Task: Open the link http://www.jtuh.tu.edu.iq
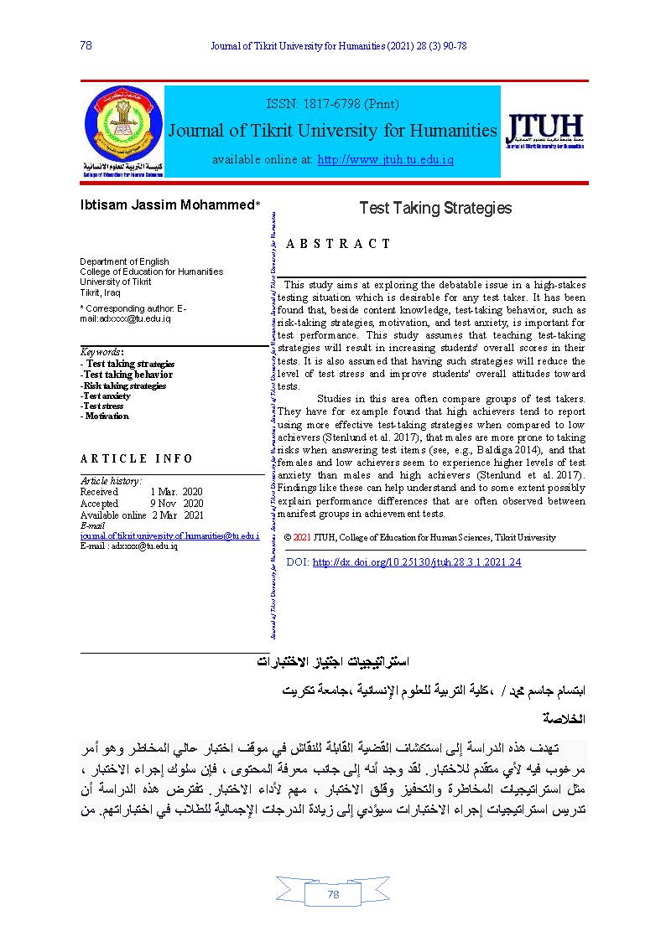385,159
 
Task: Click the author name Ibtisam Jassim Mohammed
167,205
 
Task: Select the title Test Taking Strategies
434,208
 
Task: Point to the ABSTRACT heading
338,244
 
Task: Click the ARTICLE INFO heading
137,458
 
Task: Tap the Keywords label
101,352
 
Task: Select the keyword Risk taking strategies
125,385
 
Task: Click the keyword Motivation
107,416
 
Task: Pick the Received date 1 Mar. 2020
176,492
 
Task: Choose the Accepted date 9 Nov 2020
176,504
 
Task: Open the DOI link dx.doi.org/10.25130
416,562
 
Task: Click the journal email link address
169,535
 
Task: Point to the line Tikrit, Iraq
100,292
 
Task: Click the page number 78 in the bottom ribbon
333,895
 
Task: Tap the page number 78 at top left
86,45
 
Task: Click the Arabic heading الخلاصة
563,718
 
